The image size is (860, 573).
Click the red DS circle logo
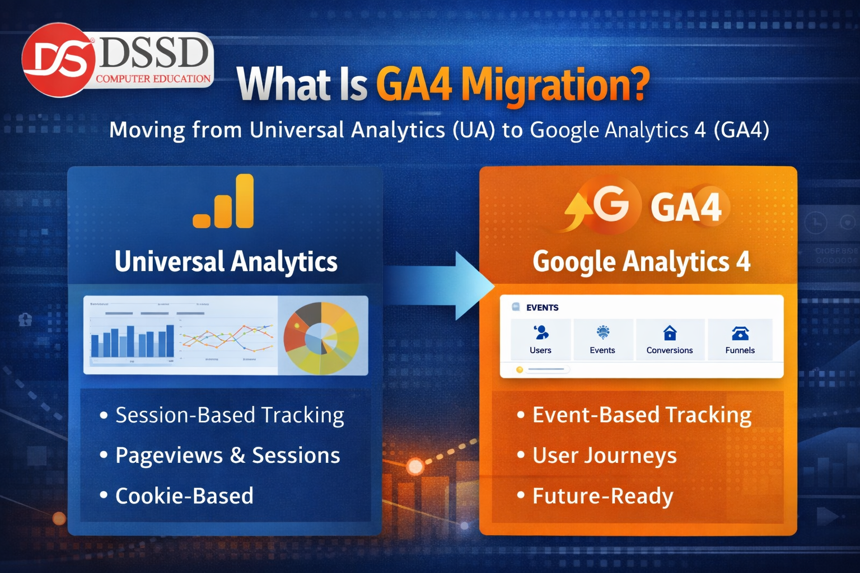pyautogui.click(x=58, y=60)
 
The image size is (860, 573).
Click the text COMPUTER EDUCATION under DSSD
pyautogui.click(x=153, y=79)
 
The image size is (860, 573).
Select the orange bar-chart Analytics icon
pyautogui.click(x=224, y=201)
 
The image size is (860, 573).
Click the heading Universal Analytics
pyautogui.click(x=226, y=262)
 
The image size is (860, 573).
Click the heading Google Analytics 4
pyautogui.click(x=641, y=262)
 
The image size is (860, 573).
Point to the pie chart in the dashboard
pyautogui.click(x=321, y=338)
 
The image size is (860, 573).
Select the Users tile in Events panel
pyautogui.click(x=540, y=340)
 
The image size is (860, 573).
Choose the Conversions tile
pyautogui.click(x=670, y=340)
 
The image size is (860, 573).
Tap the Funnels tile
pyautogui.click(x=740, y=340)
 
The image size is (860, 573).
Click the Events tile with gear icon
pyautogui.click(x=602, y=340)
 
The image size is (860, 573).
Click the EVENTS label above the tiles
pyautogui.click(x=542, y=308)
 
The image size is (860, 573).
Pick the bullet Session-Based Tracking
pyautogui.click(x=230, y=415)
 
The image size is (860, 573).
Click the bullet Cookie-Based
pyautogui.click(x=184, y=496)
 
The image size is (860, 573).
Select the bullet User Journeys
pyautogui.click(x=604, y=455)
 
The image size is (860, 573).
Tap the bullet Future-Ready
pyautogui.click(x=602, y=496)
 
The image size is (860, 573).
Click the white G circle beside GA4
pyautogui.click(x=611, y=204)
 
